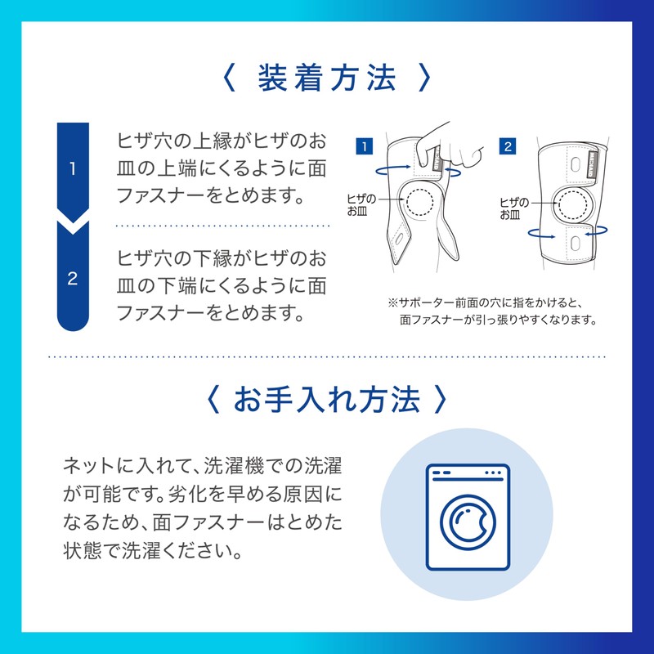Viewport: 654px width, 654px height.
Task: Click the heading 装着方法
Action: tap(327, 79)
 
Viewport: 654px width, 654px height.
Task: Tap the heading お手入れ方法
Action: tap(327, 400)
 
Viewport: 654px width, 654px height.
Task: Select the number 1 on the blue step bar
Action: tap(72, 169)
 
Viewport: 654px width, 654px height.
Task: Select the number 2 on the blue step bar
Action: tap(72, 279)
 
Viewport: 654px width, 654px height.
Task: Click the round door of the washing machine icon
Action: tap(468, 520)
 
